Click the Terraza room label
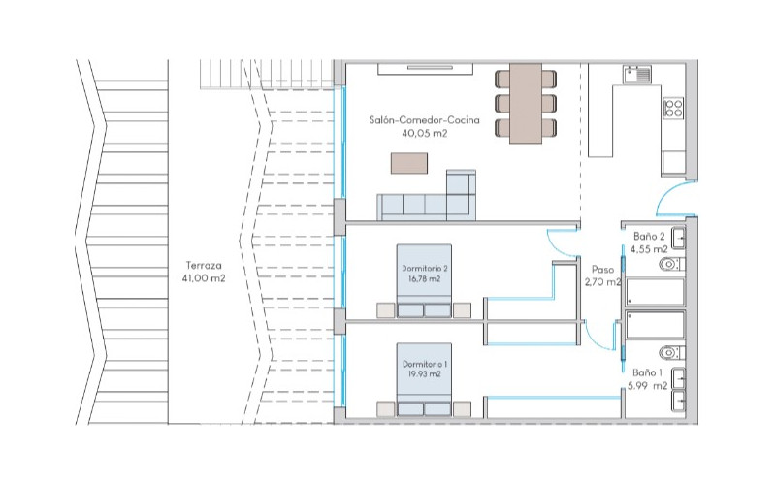[204, 265]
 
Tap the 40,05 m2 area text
[425, 133]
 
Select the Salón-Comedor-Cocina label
[424, 119]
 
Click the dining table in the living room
[526, 103]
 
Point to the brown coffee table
[409, 163]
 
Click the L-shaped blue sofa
[427, 196]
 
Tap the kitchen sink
[637, 75]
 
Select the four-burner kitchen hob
[673, 108]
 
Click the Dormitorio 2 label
[425, 269]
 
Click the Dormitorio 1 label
[425, 364]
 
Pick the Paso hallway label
[602, 270]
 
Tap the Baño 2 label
[649, 237]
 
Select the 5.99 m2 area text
[647, 386]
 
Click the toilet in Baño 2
[671, 265]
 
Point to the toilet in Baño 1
[671, 353]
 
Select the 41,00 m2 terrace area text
[204, 278]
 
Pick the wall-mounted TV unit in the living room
[426, 69]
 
